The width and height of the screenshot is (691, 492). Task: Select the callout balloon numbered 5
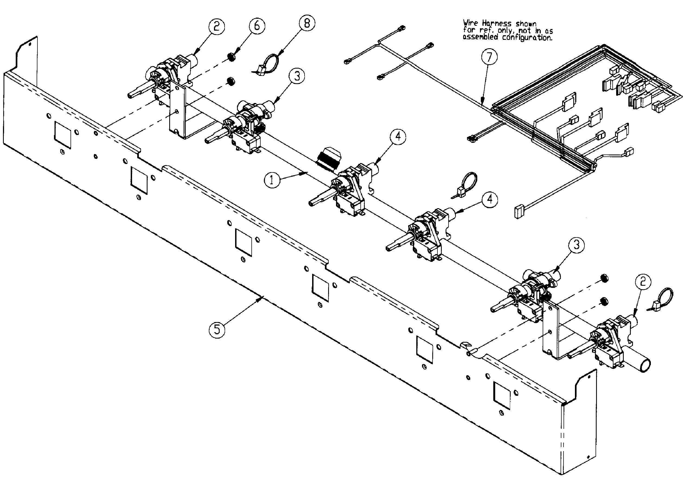pos(217,329)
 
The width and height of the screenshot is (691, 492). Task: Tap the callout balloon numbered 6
pos(257,26)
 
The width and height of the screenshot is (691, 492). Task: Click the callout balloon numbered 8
pos(307,23)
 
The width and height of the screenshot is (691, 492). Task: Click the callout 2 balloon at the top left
pos(216,27)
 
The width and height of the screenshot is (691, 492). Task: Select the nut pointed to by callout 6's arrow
pos(232,57)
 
